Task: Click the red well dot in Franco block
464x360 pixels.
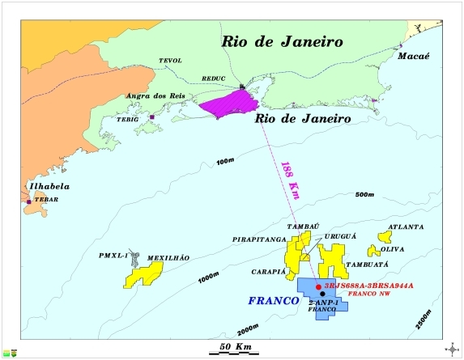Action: pos(318,287)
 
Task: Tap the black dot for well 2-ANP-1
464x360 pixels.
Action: pos(322,294)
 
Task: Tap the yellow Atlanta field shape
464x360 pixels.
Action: pos(384,237)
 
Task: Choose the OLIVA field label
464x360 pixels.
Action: pos(394,250)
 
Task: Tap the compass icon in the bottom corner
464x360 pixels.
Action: pos(451,349)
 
